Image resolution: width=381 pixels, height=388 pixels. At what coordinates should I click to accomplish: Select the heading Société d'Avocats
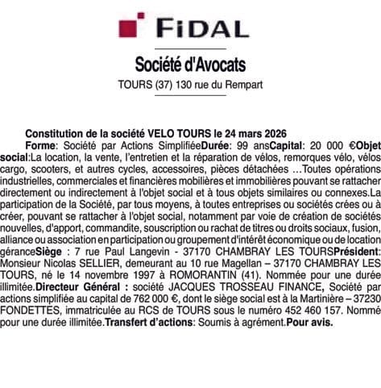pos(189,64)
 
